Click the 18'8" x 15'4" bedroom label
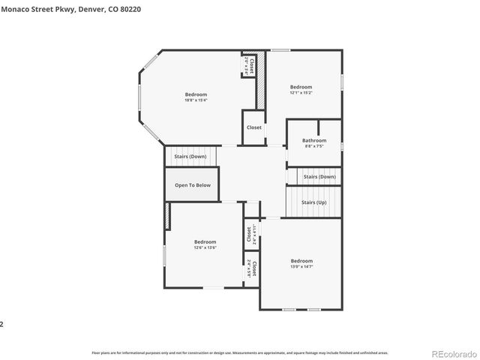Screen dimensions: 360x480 click(x=196, y=97)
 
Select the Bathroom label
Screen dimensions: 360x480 click(x=314, y=142)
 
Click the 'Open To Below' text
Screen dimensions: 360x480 click(x=193, y=184)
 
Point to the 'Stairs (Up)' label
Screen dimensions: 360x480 click(x=313, y=202)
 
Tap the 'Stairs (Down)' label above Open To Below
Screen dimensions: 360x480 click(x=190, y=157)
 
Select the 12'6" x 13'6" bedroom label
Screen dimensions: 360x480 click(x=205, y=244)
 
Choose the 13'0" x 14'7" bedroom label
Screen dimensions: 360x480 click(x=301, y=263)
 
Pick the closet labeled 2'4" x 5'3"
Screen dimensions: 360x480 click(x=251, y=268)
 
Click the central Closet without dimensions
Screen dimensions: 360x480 click(x=254, y=127)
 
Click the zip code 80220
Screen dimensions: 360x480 click(x=149, y=9)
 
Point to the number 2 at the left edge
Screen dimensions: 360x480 click(x=2, y=324)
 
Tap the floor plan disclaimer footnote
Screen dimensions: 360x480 click(x=239, y=352)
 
